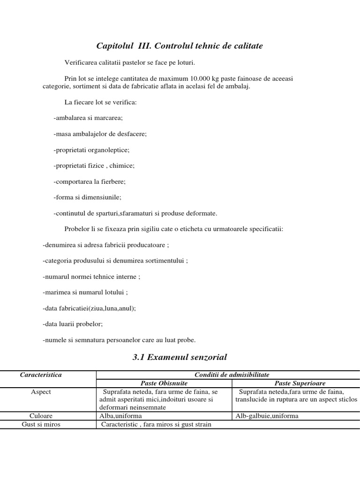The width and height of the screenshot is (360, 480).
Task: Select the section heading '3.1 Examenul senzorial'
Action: coord(180,357)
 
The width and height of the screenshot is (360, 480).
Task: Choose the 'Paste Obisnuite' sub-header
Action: coord(164,383)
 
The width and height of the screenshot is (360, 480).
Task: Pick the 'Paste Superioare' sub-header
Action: coord(300,383)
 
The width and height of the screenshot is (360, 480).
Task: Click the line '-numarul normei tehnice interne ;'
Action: coord(91,276)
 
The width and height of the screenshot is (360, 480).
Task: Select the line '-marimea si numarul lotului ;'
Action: coord(85,292)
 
